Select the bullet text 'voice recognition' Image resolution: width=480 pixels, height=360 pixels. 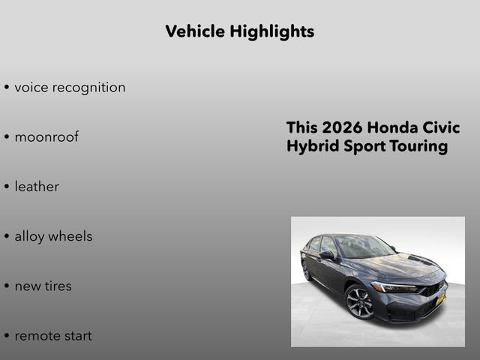coord(70,87)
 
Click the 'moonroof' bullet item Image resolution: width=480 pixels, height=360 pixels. coord(46,137)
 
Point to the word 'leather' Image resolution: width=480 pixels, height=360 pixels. coord(37,187)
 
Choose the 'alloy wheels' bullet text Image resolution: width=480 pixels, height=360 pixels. coord(53,236)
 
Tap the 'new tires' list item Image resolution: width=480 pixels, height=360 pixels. coord(43,286)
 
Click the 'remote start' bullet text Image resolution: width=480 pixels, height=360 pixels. coord(53,335)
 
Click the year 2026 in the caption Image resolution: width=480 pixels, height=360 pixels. coord(337,127)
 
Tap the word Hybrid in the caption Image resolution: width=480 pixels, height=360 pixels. coord(309,146)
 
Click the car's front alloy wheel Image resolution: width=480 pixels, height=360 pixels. coord(359,303)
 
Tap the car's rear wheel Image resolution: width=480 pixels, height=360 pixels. coord(306,270)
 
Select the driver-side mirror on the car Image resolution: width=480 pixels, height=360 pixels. coord(327,255)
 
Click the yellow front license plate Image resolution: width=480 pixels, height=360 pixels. coord(441,299)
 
